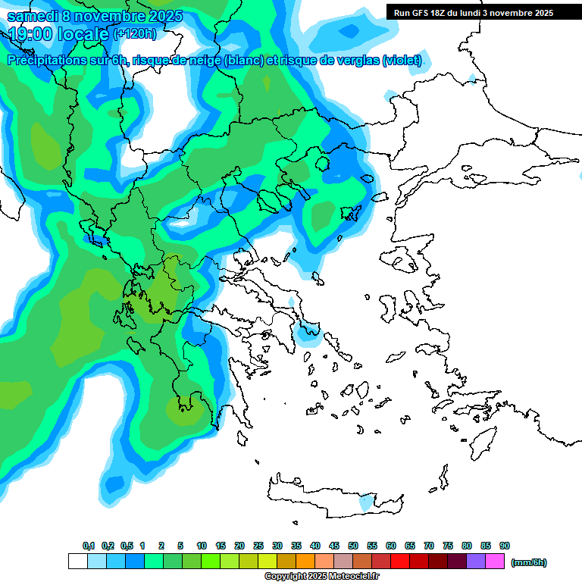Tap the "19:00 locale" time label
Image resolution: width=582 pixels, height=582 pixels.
(x=59, y=34)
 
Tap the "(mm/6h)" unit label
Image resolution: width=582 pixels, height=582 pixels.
(x=528, y=562)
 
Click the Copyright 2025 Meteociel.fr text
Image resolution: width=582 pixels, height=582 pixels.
(x=321, y=577)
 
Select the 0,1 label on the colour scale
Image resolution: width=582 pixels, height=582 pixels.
(x=89, y=546)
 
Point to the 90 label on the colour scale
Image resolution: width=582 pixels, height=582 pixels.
(x=505, y=546)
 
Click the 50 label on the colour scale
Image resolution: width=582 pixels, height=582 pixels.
(x=353, y=546)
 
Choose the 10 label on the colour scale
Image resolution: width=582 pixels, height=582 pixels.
(x=202, y=546)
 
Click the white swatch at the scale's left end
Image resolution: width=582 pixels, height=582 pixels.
(x=78, y=562)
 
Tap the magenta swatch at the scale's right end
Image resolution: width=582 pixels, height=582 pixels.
(x=495, y=562)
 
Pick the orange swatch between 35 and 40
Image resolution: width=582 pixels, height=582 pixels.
(x=305, y=562)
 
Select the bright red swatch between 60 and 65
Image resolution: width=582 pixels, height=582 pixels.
(x=400, y=562)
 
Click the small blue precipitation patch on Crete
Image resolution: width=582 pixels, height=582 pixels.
(x=366, y=502)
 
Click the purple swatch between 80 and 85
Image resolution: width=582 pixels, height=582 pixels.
(x=476, y=562)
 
